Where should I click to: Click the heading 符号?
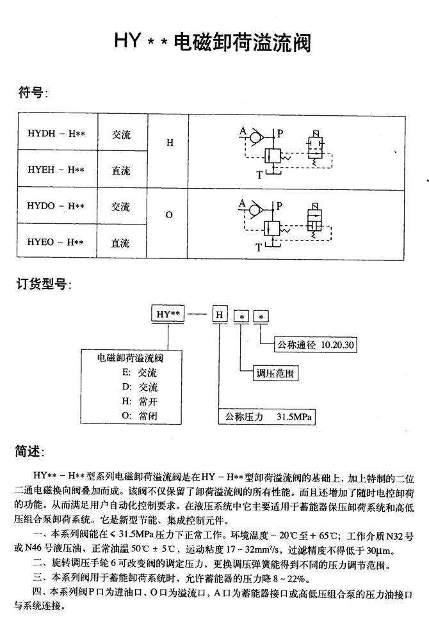[x=31, y=93]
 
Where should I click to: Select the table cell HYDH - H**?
[x=56, y=134]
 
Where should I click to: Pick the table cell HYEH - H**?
[x=56, y=170]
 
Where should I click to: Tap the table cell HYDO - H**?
[x=56, y=207]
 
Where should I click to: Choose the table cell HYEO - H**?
[x=56, y=242]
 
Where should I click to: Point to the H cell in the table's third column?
[x=170, y=143]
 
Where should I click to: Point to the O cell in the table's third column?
[x=170, y=215]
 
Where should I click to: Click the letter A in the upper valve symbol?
[x=243, y=131]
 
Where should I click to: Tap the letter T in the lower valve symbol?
[x=259, y=247]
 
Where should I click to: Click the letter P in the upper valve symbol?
[x=280, y=133]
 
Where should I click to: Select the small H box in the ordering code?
[x=220, y=315]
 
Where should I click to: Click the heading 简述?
[x=29, y=452]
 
